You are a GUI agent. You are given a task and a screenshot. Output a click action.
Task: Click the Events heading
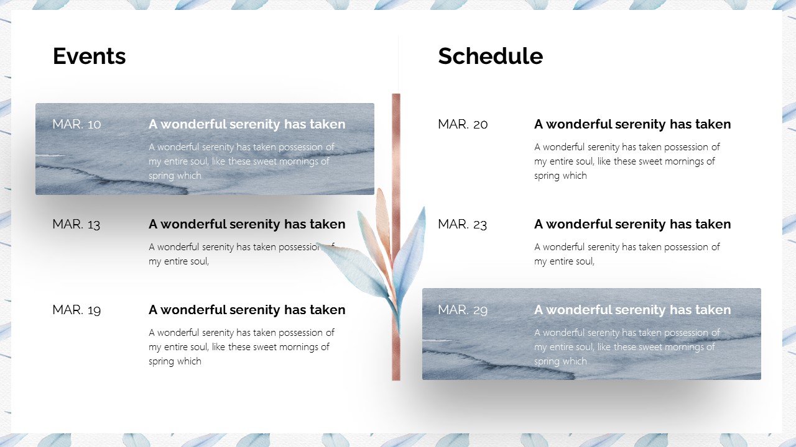(x=89, y=56)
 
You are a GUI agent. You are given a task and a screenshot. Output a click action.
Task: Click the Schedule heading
(x=491, y=56)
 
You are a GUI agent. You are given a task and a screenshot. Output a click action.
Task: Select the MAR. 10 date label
(x=76, y=124)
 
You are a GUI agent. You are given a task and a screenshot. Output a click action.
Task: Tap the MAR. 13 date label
(x=76, y=224)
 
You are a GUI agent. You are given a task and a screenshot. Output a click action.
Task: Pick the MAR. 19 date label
(x=76, y=310)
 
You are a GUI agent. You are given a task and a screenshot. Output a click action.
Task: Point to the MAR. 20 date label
(x=463, y=124)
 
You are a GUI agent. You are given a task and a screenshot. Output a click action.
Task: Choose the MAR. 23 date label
(x=462, y=224)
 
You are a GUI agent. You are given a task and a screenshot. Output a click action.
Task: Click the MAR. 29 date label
(x=463, y=310)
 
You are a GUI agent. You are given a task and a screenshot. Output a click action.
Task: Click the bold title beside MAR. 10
(x=247, y=124)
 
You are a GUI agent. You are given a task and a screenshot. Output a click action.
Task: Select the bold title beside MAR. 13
(x=247, y=224)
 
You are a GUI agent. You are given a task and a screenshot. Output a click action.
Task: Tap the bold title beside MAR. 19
(x=247, y=310)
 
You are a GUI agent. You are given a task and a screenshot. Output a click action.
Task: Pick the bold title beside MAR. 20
(x=632, y=124)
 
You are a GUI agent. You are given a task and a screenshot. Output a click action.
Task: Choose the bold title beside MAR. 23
(x=632, y=224)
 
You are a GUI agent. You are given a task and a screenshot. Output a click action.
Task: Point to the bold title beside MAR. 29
(x=632, y=310)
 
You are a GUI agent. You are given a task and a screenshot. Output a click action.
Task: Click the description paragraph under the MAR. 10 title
(x=242, y=161)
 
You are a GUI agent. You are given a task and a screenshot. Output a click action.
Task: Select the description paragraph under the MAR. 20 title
(x=627, y=161)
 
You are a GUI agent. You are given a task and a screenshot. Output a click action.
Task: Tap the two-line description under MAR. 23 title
(x=627, y=254)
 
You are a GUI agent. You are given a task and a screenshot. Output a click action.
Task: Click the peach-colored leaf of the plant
(x=384, y=223)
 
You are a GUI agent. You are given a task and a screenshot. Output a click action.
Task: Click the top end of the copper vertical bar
(x=396, y=94)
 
